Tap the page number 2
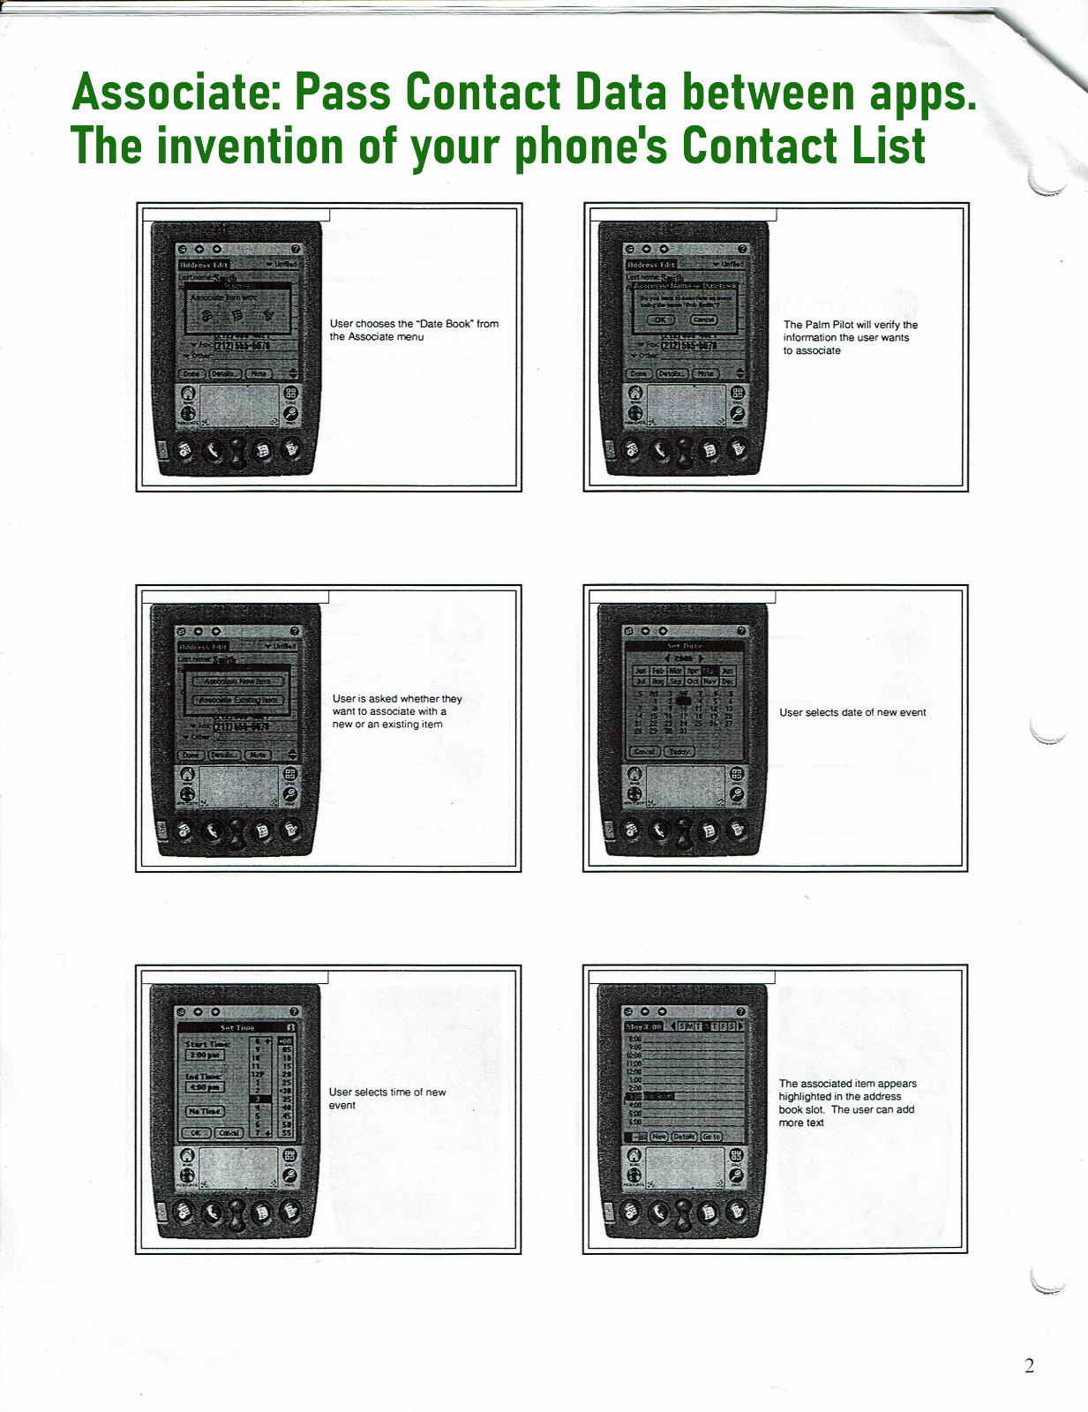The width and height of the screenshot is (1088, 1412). pyautogui.click(x=1029, y=1365)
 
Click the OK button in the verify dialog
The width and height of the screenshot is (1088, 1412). pyautogui.click(x=661, y=319)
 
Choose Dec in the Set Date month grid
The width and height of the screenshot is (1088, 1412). pyautogui.click(x=727, y=682)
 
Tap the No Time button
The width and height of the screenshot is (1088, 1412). pyautogui.click(x=205, y=1111)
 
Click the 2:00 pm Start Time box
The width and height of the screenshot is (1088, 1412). pyautogui.click(x=205, y=1055)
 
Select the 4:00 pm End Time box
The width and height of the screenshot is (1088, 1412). pyautogui.click(x=205, y=1087)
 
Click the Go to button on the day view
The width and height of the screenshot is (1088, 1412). pyautogui.click(x=711, y=1137)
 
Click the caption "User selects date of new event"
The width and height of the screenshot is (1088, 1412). pyautogui.click(x=852, y=712)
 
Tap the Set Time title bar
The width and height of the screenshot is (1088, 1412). pyautogui.click(x=236, y=1028)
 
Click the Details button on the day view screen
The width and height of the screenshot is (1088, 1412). pyautogui.click(x=685, y=1137)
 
